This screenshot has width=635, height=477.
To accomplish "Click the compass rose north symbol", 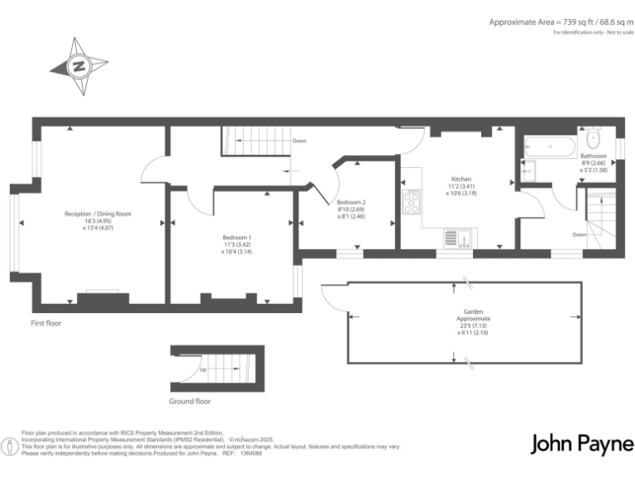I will (x=79, y=65).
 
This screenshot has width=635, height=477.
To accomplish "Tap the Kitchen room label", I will (x=461, y=179).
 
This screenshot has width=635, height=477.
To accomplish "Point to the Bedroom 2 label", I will (x=351, y=202).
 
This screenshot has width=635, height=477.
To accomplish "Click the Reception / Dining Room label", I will (x=98, y=214).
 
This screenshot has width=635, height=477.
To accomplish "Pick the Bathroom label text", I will (x=593, y=156).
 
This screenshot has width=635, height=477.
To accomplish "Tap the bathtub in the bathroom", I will (x=551, y=148).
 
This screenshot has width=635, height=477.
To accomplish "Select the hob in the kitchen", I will (x=411, y=202).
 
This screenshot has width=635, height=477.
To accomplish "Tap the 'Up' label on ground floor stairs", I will (x=203, y=370).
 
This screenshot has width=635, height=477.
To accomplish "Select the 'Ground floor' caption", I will (x=190, y=402).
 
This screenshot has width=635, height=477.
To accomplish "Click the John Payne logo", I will (x=580, y=445).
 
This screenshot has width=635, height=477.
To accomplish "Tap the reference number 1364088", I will (x=251, y=454).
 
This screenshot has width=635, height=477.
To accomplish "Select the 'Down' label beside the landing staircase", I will (x=299, y=141).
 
